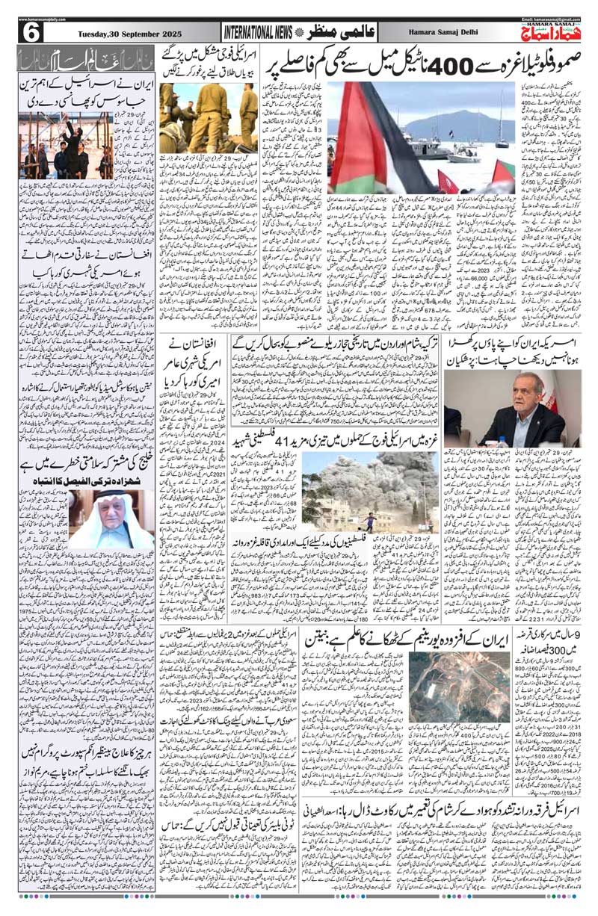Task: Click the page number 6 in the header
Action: click(x=34, y=33)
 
